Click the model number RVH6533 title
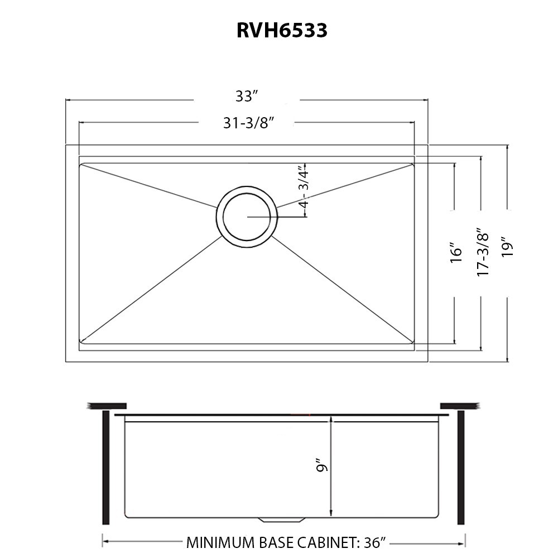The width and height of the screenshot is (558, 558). (x=282, y=31)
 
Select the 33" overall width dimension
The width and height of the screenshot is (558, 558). (x=246, y=96)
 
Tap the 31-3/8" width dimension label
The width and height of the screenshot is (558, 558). (x=246, y=123)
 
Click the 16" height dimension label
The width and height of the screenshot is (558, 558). (x=457, y=253)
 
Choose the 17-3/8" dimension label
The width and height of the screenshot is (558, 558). (x=483, y=252)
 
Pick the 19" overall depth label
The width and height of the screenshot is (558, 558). (x=507, y=247)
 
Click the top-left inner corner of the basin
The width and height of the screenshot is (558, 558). (x=82, y=166)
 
